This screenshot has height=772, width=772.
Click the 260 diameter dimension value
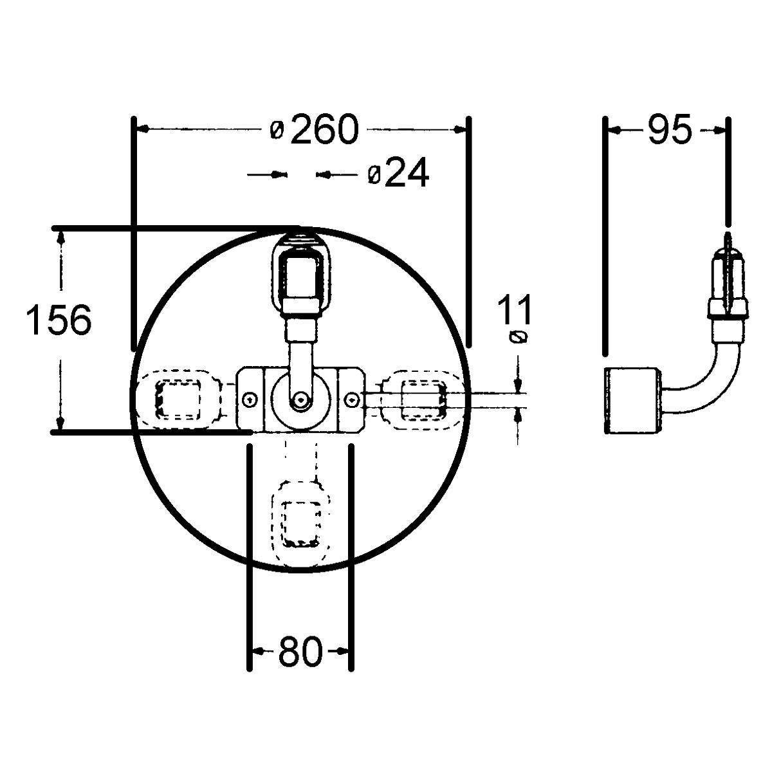(324, 129)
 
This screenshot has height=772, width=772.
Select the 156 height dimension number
(59, 320)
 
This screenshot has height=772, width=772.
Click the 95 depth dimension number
(670, 129)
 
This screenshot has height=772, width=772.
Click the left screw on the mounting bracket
(250, 399)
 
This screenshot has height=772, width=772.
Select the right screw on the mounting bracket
(352, 399)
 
